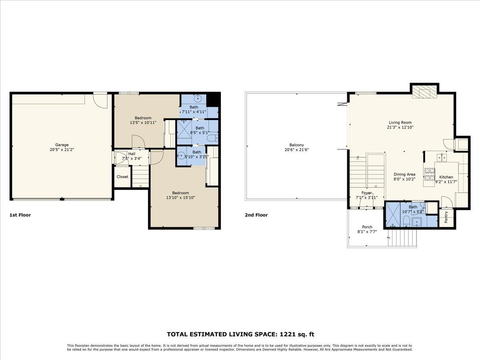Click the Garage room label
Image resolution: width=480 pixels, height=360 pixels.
pyautogui.click(x=62, y=145)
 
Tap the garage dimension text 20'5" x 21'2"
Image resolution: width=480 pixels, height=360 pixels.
pyautogui.click(x=62, y=150)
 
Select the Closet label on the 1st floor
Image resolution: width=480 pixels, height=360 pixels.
pyautogui.click(x=122, y=177)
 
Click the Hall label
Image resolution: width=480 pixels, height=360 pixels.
pyautogui.click(x=132, y=154)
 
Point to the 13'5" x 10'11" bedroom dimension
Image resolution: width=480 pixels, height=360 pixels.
pyautogui.click(x=143, y=122)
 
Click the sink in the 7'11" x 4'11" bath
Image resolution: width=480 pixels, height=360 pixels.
pyautogui.click(x=198, y=98)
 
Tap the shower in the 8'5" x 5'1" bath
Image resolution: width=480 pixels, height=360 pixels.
pyautogui.click(x=184, y=129)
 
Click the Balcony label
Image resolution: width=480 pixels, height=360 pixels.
pyautogui.click(x=297, y=145)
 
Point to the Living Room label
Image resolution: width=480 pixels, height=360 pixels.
pyautogui.click(x=400, y=122)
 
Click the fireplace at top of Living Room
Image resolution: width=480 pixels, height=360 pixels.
pyautogui.click(x=425, y=92)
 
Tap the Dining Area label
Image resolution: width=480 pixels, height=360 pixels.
pyautogui.click(x=404, y=174)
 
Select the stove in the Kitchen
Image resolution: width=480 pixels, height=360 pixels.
pyautogui.click(x=430, y=174)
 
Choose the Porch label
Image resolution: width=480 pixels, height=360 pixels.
pyautogui.click(x=367, y=227)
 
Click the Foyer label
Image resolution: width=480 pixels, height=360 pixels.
pyautogui.click(x=367, y=193)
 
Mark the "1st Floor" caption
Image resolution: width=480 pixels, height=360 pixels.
pyautogui.click(x=20, y=215)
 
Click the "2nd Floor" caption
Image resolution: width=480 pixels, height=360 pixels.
pyautogui.click(x=256, y=215)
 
